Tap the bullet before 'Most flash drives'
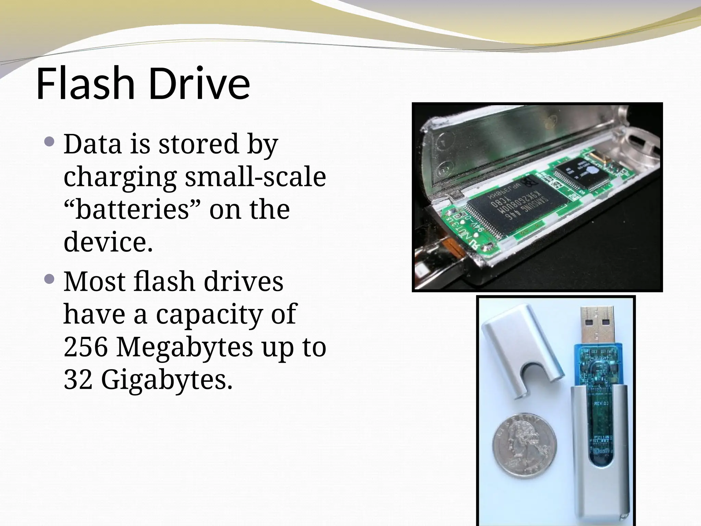coord(49,279)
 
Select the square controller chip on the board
coord(582,174)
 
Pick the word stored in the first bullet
coord(199,144)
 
